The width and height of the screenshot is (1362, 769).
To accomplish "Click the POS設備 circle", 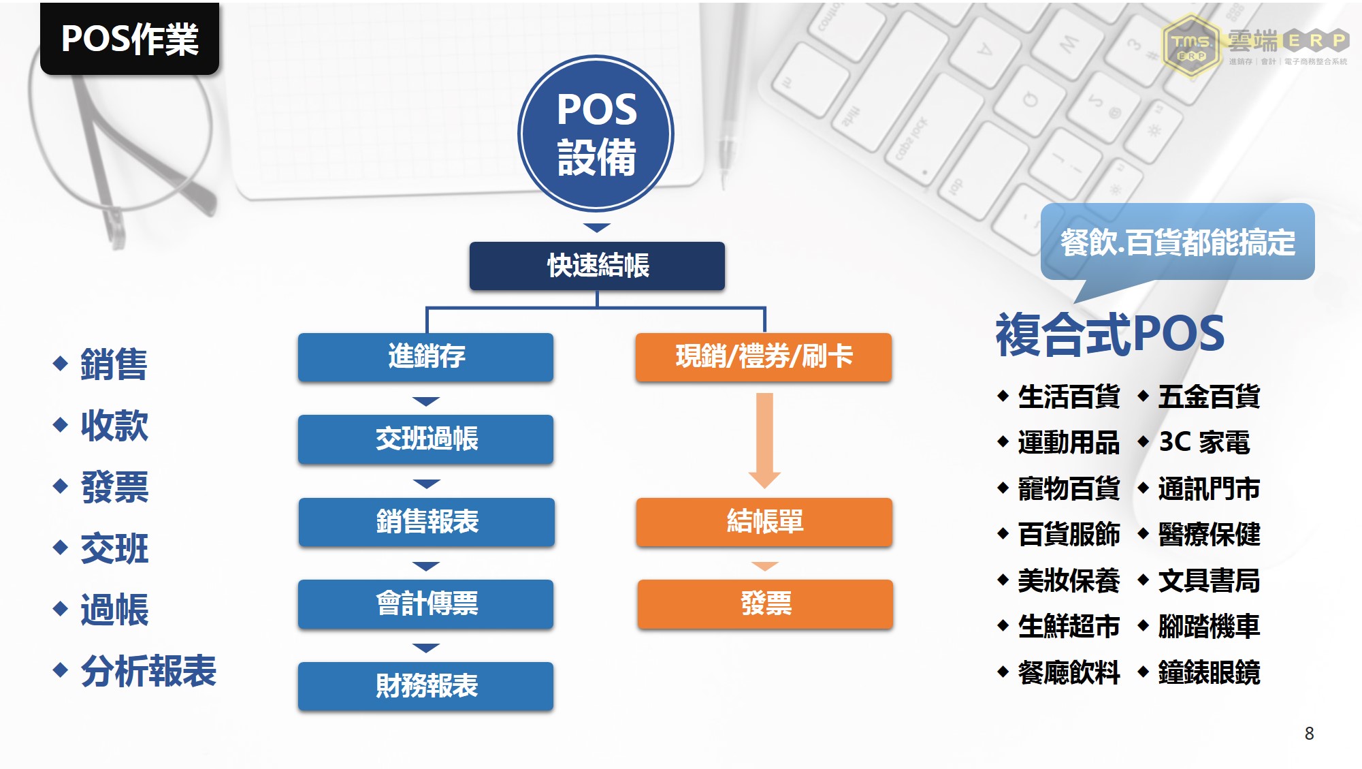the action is click(x=596, y=134).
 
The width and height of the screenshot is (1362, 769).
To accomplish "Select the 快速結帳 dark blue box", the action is click(x=597, y=266).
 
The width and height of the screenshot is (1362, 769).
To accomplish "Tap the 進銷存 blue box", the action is click(x=426, y=356).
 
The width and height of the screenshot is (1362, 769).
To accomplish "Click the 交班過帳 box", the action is click(x=426, y=439).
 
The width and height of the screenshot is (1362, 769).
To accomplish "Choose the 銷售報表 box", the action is click(x=427, y=522).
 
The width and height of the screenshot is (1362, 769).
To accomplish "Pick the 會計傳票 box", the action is click(x=426, y=603).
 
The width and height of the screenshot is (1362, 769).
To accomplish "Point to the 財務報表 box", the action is click(x=426, y=686).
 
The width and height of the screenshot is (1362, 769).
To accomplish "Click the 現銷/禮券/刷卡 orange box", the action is click(x=764, y=356).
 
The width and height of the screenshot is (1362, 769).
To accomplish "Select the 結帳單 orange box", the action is click(x=764, y=522).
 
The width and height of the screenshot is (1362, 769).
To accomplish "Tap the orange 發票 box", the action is click(x=765, y=603).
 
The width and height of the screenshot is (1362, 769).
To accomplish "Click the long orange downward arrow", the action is click(x=764, y=440).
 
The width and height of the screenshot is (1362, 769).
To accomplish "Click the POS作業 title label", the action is click(x=129, y=38).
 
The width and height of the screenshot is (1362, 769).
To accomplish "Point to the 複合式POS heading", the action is click(x=1110, y=334).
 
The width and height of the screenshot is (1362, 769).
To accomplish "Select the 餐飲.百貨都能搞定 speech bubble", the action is click(x=1178, y=242).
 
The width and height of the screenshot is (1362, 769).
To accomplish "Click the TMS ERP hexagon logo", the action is click(x=1192, y=46).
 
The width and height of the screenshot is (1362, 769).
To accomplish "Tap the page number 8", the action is click(x=1309, y=733).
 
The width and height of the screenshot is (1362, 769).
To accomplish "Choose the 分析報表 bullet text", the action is click(x=148, y=671).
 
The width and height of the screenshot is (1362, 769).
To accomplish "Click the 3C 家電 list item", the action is click(x=1204, y=442).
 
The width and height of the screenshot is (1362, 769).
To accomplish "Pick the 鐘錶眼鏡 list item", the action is click(x=1209, y=672).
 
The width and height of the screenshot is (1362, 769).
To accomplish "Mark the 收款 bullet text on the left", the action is click(x=114, y=426).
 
